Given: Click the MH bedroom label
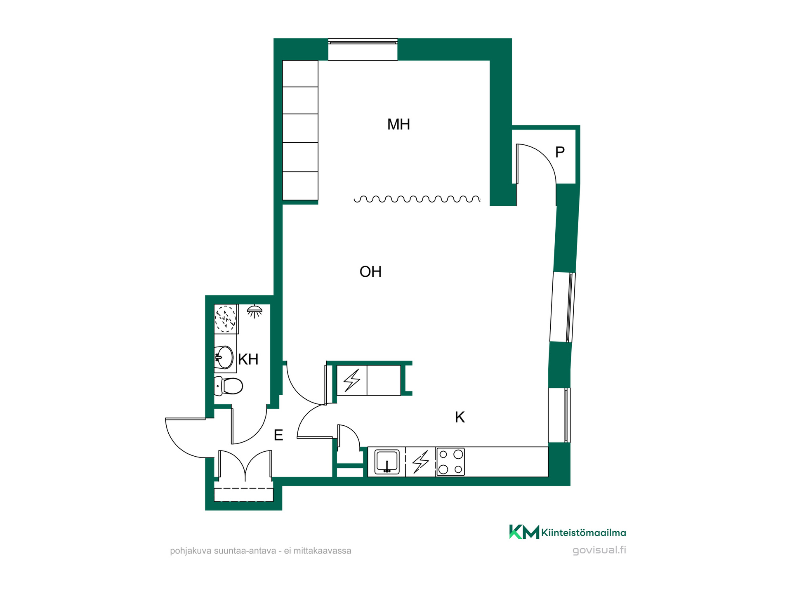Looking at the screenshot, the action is (x=398, y=124).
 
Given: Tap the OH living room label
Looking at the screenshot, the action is (x=370, y=272).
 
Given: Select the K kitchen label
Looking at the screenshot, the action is (x=460, y=417).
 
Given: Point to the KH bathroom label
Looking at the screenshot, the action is (x=248, y=359).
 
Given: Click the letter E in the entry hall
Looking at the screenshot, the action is (x=278, y=435).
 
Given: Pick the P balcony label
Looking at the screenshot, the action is (x=560, y=152).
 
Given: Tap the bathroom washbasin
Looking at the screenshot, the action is (x=224, y=357).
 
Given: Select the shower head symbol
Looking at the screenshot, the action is (x=255, y=311).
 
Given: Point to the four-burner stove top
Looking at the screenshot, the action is (x=450, y=462).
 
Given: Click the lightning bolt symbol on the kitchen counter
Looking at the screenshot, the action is (x=420, y=462).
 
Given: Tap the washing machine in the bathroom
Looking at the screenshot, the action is (x=226, y=319).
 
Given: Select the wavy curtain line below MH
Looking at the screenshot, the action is (x=417, y=199).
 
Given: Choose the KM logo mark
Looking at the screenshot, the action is (x=524, y=532).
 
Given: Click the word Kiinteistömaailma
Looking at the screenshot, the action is (x=584, y=533).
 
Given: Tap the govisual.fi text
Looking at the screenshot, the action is (x=599, y=550).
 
